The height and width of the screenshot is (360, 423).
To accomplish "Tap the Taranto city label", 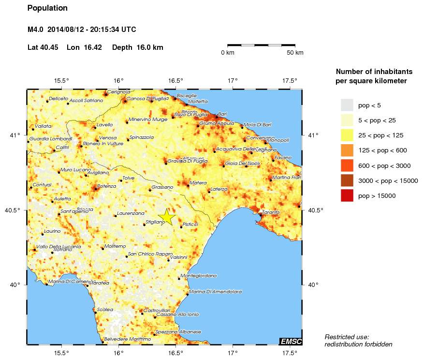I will (x=271, y=212).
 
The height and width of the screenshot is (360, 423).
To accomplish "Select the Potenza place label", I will (x=107, y=186).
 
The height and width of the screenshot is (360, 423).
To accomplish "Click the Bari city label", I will (x=222, y=114).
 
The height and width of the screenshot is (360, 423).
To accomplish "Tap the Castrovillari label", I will (x=156, y=310).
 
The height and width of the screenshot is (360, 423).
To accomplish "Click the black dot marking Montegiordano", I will (x=179, y=279).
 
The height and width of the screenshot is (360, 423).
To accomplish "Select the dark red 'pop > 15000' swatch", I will (x=347, y=195).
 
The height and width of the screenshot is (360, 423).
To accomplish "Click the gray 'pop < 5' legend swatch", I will (x=347, y=105).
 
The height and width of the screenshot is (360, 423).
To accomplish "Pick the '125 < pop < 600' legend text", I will (x=385, y=150).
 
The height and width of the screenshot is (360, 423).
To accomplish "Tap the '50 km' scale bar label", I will (x=295, y=52).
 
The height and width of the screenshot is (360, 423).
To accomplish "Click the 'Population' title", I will (x=47, y=8).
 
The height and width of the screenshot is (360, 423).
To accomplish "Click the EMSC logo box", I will (x=291, y=342).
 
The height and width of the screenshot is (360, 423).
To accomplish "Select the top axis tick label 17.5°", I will (x=289, y=81).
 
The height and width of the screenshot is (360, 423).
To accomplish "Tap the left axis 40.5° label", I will (x=16, y=210).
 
